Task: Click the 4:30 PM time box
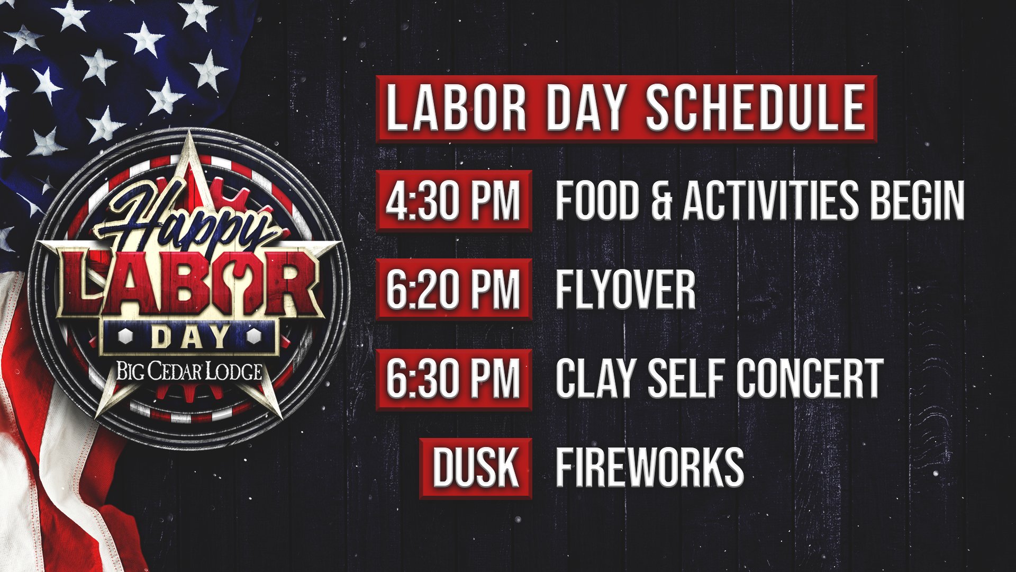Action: click(x=453, y=201)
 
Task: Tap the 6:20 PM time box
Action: click(x=453, y=289)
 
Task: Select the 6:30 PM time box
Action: click(x=453, y=379)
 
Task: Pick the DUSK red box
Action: click(x=475, y=468)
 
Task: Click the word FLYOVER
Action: click(x=625, y=289)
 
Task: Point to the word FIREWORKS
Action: click(x=649, y=468)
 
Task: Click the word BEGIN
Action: click(x=917, y=201)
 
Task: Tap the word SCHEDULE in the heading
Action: click(x=756, y=109)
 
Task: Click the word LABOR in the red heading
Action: click(x=456, y=109)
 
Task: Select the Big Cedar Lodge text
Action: click(x=189, y=371)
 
